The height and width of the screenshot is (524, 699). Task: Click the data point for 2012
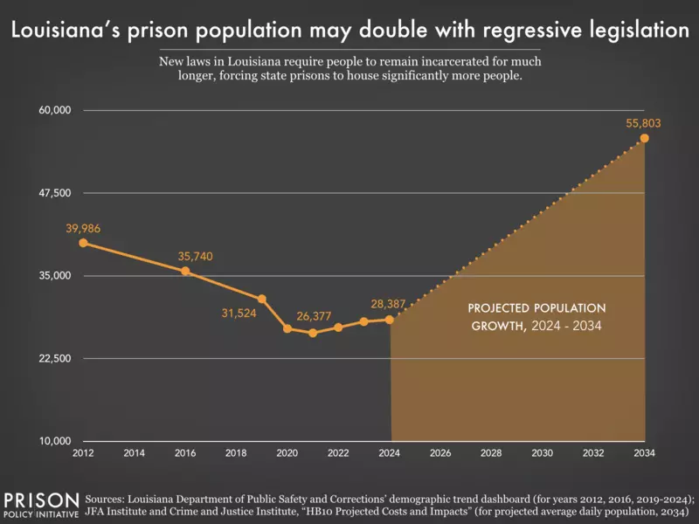click(x=83, y=243)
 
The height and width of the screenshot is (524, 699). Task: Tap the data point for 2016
click(x=185, y=271)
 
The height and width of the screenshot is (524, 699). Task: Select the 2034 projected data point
click(x=644, y=138)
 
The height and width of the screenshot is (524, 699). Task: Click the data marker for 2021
click(x=313, y=333)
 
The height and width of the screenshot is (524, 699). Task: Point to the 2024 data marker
click(x=390, y=320)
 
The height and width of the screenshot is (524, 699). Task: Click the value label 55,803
click(x=643, y=123)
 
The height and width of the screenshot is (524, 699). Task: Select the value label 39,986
click(x=83, y=228)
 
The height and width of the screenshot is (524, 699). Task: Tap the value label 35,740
click(x=195, y=256)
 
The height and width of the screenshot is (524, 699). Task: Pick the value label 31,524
click(x=238, y=313)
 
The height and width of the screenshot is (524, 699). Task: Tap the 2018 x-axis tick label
click(x=236, y=454)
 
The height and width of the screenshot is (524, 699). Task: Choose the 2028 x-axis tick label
click(x=491, y=454)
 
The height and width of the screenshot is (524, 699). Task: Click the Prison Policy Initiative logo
click(x=41, y=504)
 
